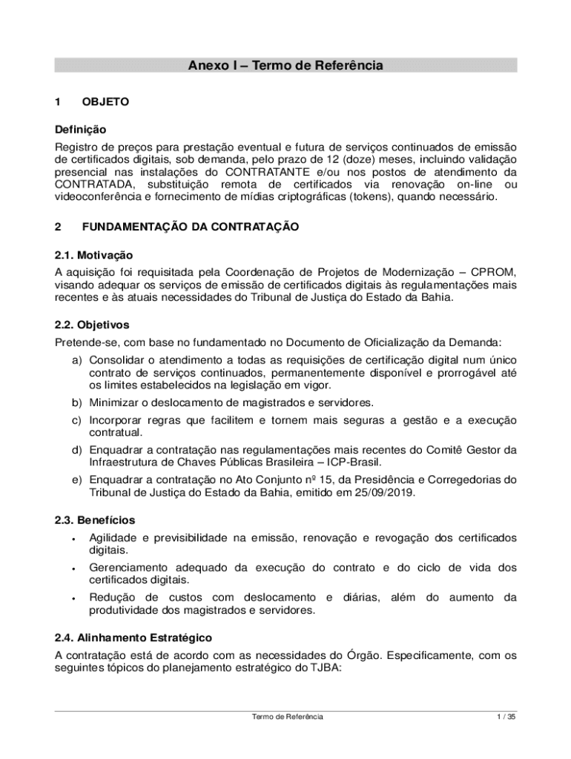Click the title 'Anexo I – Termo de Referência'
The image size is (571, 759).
coord(285,66)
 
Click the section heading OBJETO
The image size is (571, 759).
coord(105,102)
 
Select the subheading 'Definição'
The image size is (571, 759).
coord(81,130)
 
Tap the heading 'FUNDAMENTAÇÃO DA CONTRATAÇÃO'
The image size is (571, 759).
coord(191,227)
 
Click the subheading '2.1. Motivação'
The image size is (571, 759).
coord(93,255)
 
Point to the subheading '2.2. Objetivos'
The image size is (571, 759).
coord(92,325)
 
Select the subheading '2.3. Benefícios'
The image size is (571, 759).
coord(95,520)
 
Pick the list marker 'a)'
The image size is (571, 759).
coord(76,359)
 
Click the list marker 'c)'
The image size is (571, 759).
coord(76,420)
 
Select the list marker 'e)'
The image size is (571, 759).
coord(76,480)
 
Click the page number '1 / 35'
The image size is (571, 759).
coord(506,717)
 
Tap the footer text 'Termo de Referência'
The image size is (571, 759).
coord(287,717)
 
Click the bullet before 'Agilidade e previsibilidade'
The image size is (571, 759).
coord(74,539)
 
